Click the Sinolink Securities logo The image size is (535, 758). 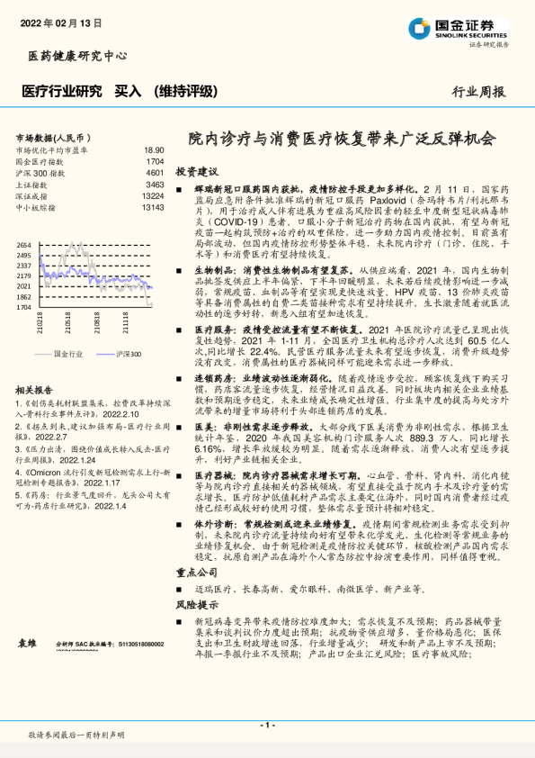[459, 29]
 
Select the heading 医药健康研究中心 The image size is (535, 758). [71, 57]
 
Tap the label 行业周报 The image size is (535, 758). [478, 91]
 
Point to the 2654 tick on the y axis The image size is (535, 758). [23, 245]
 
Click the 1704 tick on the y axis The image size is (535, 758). [23, 307]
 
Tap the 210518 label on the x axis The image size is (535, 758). [69, 322]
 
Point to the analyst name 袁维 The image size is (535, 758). [27, 644]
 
